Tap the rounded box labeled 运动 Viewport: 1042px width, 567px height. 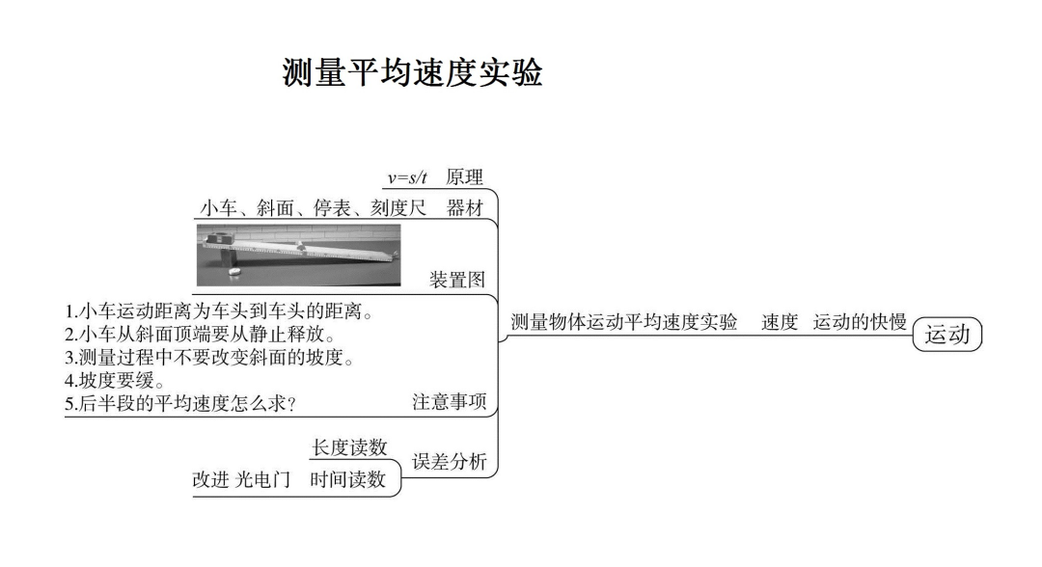point(946,335)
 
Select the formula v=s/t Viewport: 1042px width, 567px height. point(407,177)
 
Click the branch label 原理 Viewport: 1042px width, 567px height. point(464,177)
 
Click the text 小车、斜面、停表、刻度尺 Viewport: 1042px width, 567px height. point(313,207)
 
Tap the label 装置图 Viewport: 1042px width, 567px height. point(456,280)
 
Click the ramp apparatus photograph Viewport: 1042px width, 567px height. point(298,255)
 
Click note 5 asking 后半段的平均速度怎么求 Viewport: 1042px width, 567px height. point(180,404)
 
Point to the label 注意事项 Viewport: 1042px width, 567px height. point(450,403)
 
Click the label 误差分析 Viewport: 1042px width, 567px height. point(450,461)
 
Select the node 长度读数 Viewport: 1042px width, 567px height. point(349,447)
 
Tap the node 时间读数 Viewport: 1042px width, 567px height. point(348,479)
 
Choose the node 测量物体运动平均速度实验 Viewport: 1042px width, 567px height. point(624,322)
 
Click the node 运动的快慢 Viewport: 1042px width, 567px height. point(860,322)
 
